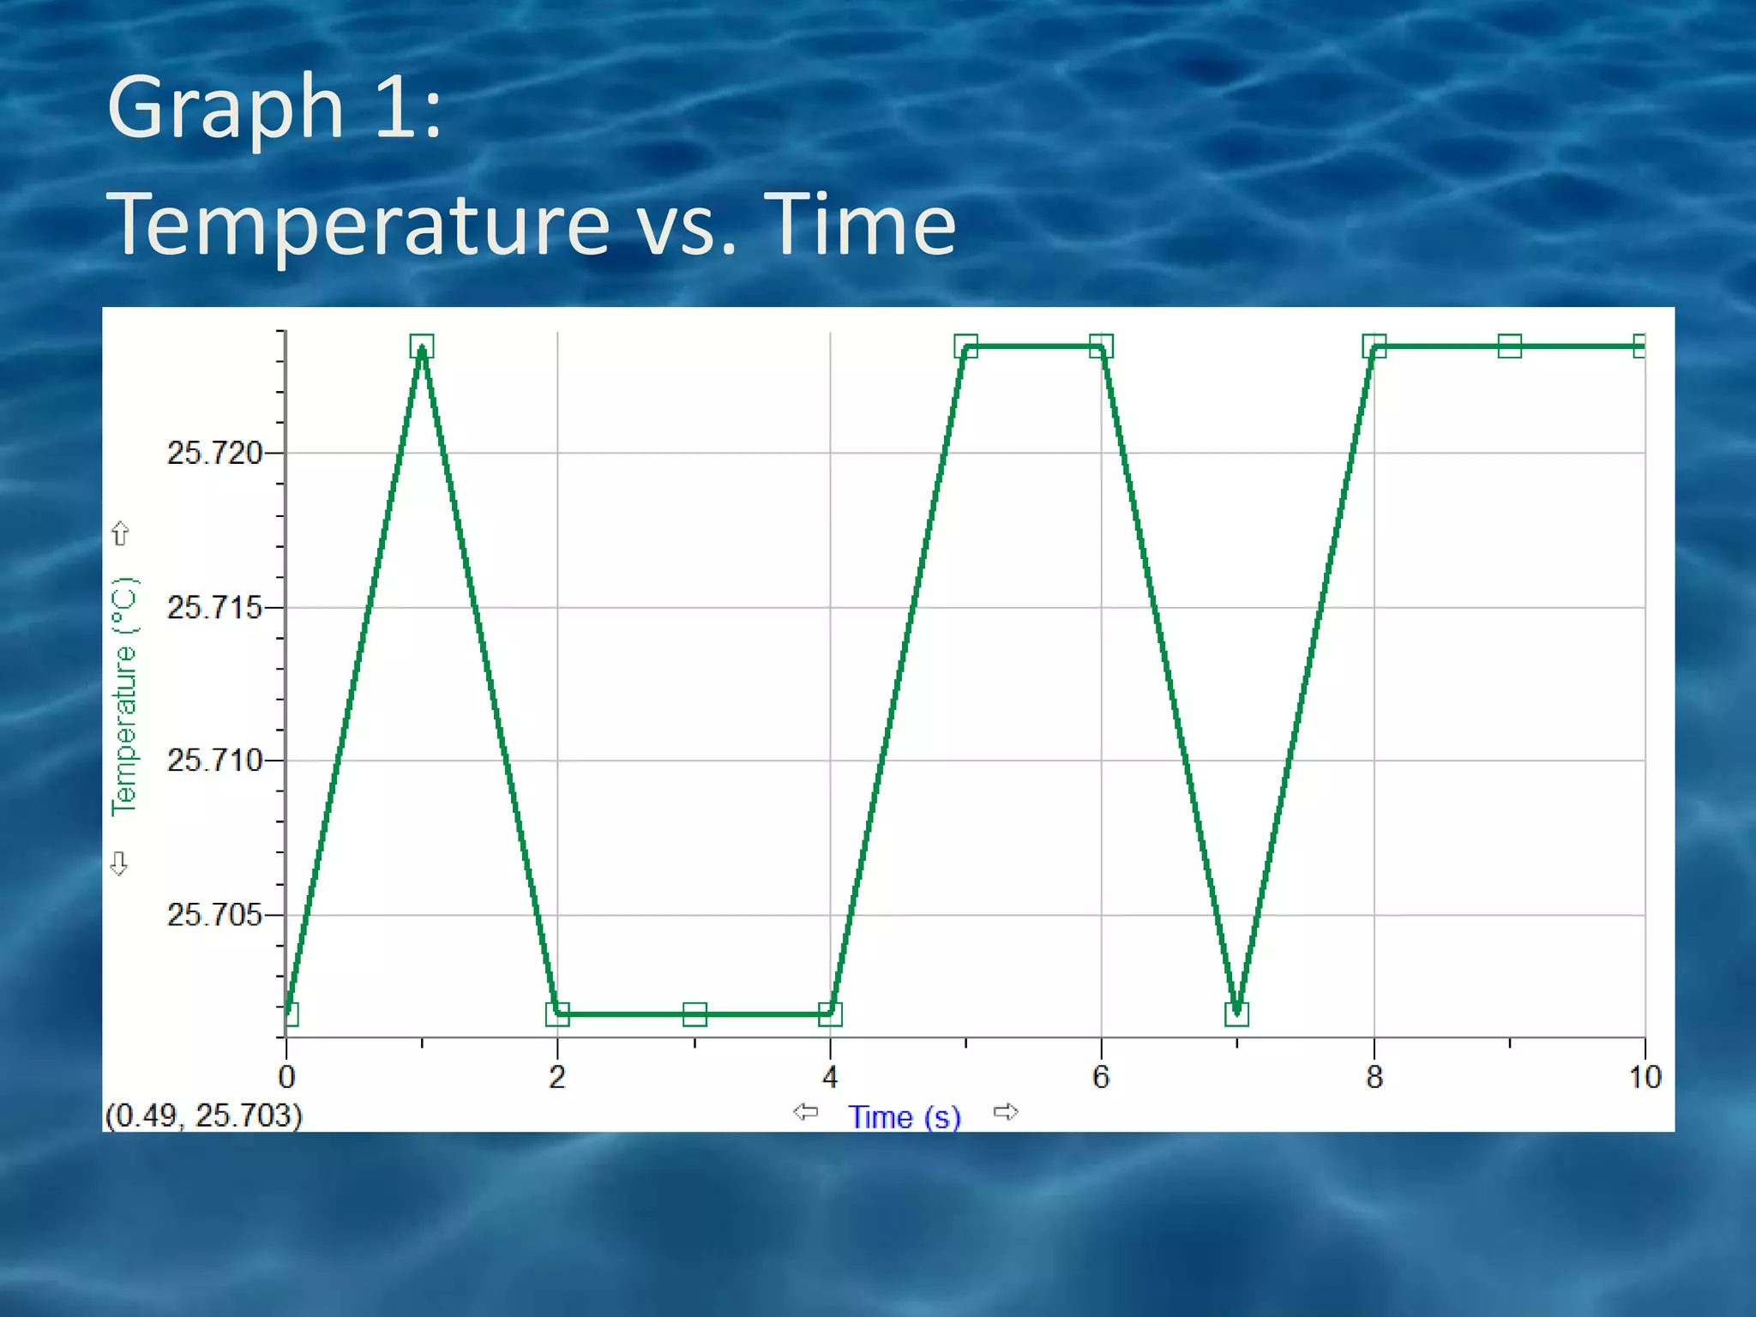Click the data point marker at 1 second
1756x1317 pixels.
[x=422, y=346]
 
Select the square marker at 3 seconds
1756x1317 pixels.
[x=695, y=1014]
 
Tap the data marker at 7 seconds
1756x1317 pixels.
[x=1236, y=1014]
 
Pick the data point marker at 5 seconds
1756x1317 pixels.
[x=965, y=346]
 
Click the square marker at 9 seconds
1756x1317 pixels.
[x=1509, y=346]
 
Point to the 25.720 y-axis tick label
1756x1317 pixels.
[x=214, y=453]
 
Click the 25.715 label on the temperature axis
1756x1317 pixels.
[x=214, y=607]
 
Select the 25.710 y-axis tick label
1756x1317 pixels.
[x=214, y=760]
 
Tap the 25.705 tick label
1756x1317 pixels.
[x=214, y=915]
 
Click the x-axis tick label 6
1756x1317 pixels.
[x=1101, y=1077]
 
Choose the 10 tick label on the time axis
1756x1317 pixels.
[x=1645, y=1077]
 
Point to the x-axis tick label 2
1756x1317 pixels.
[x=557, y=1077]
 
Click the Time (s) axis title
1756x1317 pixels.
[x=905, y=1116]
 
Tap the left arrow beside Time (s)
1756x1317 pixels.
[x=805, y=1112]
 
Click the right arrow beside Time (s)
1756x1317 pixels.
[x=1006, y=1112]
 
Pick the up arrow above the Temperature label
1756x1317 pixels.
[x=120, y=533]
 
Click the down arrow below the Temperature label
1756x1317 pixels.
[x=119, y=863]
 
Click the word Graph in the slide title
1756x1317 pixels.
[x=226, y=107]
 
